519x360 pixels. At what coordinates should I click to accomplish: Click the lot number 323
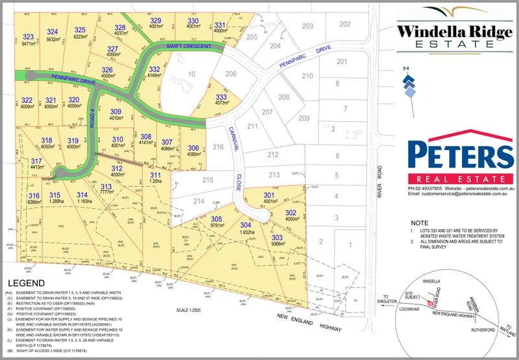[x=28, y=37]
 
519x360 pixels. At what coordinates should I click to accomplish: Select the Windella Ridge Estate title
[x=453, y=36]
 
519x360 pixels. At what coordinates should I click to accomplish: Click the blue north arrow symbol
[x=408, y=84]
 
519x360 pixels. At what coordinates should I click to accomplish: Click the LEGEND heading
[x=24, y=283]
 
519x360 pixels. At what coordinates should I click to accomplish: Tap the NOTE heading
[x=420, y=221]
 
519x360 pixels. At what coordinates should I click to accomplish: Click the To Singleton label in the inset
[x=387, y=298]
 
